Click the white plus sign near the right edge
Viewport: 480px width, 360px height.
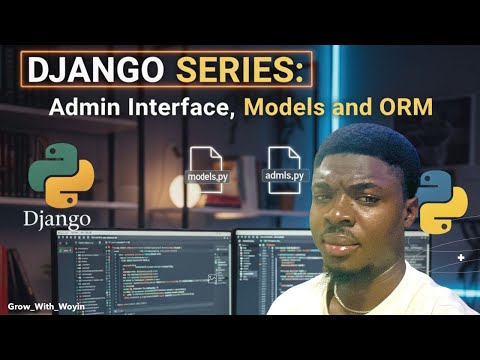coord(461,258)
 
